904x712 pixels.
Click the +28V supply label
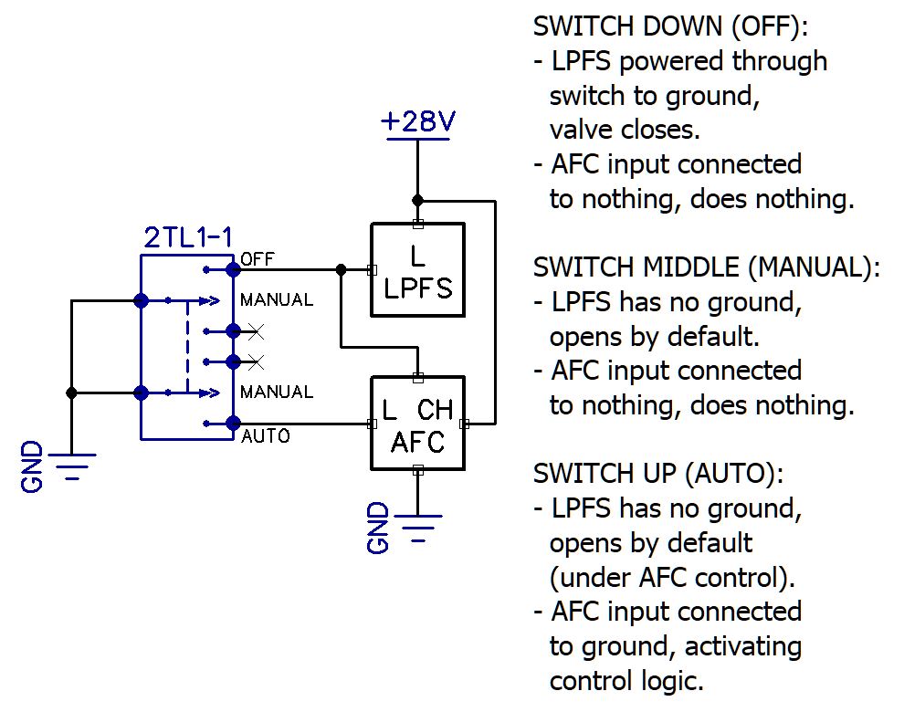pyautogui.click(x=416, y=122)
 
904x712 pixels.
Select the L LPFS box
pyautogui.click(x=417, y=269)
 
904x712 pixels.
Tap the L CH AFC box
pyautogui.click(x=417, y=424)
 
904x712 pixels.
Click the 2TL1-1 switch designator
pyautogui.click(x=188, y=239)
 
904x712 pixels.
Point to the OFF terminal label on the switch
pyautogui.click(x=257, y=259)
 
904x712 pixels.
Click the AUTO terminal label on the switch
pyautogui.click(x=265, y=436)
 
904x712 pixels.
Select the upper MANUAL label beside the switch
pyautogui.click(x=276, y=299)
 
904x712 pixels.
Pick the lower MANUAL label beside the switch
pyautogui.click(x=276, y=392)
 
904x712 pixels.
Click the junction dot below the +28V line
pyautogui.click(x=417, y=200)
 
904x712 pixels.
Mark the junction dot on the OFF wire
pyautogui.click(x=341, y=269)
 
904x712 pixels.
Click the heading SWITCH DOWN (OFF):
pyautogui.click(x=670, y=26)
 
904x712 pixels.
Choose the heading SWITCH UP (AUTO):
pyautogui.click(x=658, y=474)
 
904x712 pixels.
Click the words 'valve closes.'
pyautogui.click(x=624, y=130)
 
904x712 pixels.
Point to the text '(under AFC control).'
pyautogui.click(x=672, y=577)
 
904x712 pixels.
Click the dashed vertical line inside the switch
pyautogui.click(x=187, y=346)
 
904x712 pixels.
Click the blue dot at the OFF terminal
pyautogui.click(x=233, y=269)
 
